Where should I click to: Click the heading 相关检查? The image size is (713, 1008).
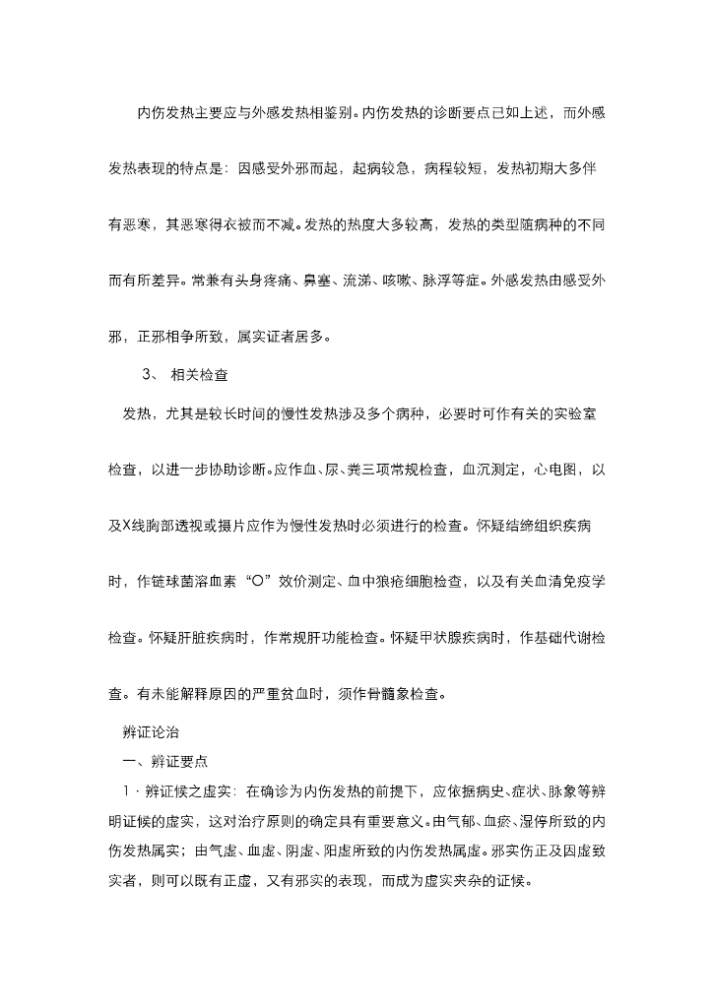point(200,374)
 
